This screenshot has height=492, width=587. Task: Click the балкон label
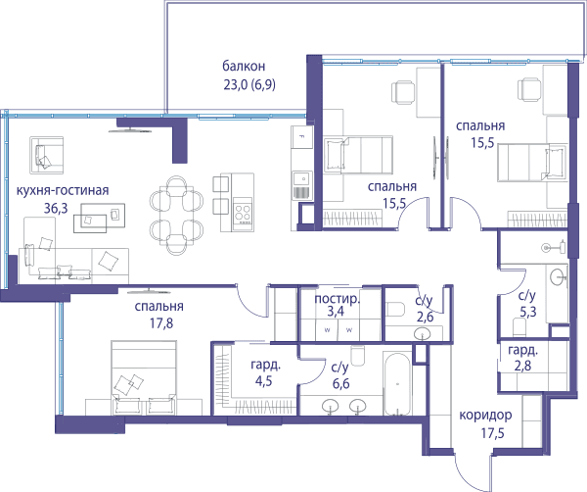pos(244,66)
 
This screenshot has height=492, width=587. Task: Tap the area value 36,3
pos(56,208)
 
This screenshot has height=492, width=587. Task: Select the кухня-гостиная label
pos(63,190)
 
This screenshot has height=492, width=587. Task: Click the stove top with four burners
pos(243,214)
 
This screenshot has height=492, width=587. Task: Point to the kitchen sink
pos(301,185)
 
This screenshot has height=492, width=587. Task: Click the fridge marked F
pos(301,137)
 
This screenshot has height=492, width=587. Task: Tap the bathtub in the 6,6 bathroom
pos(397,383)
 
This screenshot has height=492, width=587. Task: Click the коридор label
pos(485,416)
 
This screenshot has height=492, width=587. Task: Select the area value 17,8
pos(161,322)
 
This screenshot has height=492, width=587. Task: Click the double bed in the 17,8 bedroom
pos(144,377)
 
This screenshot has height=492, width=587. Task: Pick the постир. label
pos(337,299)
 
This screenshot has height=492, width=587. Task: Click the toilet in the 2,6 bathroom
pos(395,309)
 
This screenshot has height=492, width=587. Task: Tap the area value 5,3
pos(528,312)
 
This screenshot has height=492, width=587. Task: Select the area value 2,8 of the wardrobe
pos(522,366)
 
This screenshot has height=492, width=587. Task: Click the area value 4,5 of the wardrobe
pos(263,381)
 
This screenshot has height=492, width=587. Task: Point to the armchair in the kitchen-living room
pos(46,155)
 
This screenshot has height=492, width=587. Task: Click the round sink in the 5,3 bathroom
pos(559,277)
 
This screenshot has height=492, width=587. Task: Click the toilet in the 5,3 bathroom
pos(519,326)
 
